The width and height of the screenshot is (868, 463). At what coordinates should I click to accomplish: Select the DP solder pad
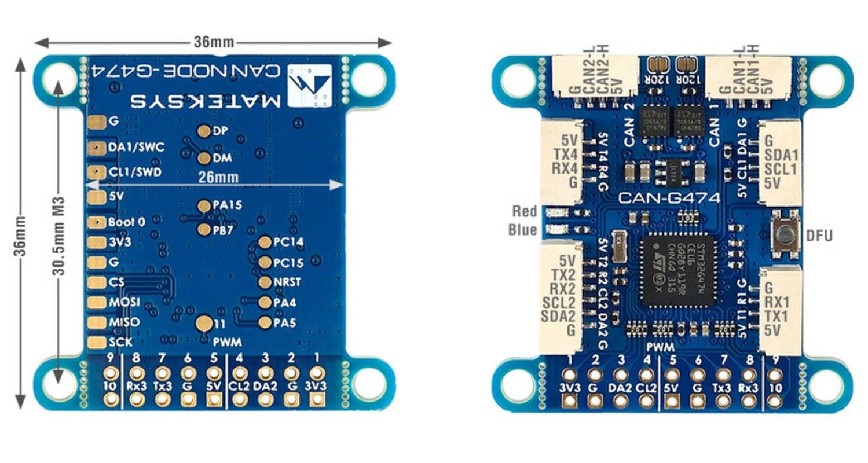click(204, 131)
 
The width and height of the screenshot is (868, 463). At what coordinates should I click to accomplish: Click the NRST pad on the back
click(265, 282)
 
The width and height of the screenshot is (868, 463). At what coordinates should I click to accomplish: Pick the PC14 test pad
click(265, 242)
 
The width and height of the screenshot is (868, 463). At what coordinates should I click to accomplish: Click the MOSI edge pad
click(94, 302)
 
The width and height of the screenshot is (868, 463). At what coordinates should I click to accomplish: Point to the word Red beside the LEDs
click(524, 211)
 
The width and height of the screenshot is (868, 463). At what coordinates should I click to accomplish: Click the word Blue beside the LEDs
click(522, 230)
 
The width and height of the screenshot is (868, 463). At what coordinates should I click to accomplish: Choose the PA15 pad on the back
click(204, 205)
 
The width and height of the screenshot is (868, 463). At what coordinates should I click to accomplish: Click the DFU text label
click(819, 236)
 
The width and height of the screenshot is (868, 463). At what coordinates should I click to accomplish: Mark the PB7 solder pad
click(204, 230)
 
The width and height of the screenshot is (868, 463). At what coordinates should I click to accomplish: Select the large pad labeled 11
click(204, 324)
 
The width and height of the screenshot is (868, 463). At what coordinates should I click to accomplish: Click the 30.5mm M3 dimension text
click(57, 231)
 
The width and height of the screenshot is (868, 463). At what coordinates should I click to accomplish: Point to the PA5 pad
click(265, 322)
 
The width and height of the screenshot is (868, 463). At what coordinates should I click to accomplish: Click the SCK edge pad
click(94, 343)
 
